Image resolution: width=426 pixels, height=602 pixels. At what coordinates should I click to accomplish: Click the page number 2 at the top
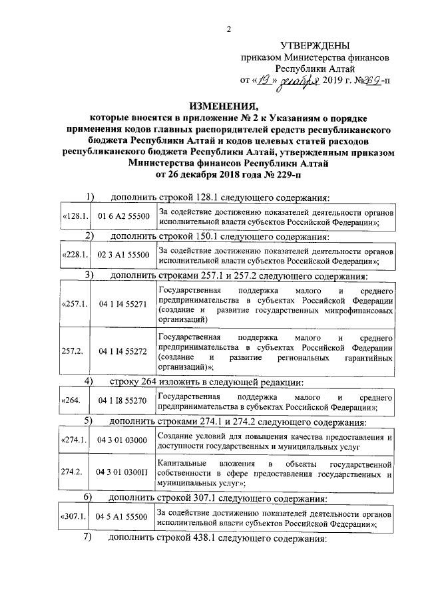228,28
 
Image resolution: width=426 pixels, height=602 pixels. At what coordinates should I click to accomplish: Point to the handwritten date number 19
262,80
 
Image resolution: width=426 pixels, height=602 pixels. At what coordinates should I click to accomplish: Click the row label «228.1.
74,255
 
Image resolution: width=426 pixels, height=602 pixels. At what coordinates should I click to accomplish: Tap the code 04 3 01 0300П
121,472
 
